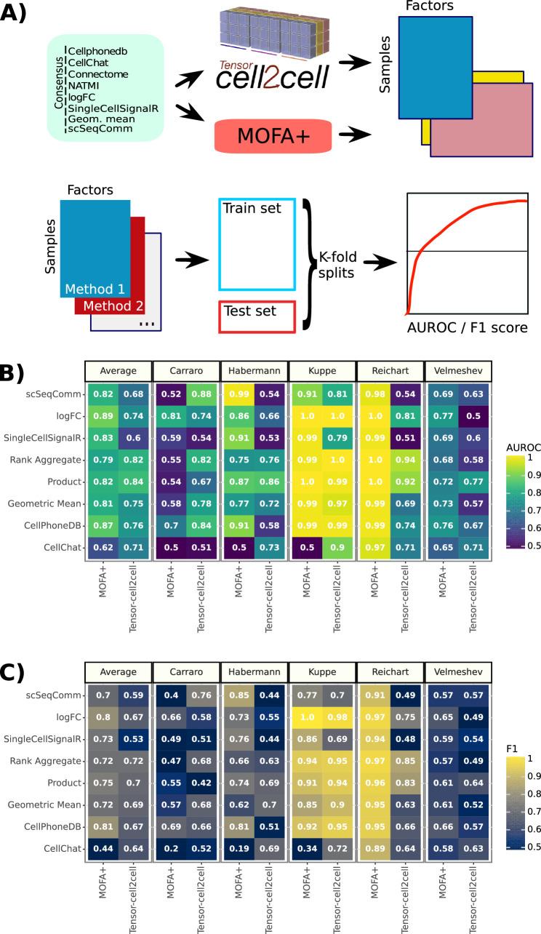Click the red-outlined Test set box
point(257,316)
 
